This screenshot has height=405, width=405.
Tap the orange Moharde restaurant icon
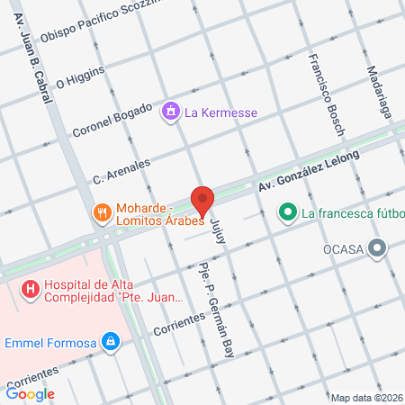[x=102, y=213]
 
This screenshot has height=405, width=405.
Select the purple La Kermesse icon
[x=169, y=112]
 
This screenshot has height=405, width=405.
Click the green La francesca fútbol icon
[x=287, y=213]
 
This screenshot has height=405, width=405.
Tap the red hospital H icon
[x=31, y=289]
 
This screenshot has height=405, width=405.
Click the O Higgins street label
[x=80, y=78]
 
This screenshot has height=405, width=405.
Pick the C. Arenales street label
[x=121, y=166]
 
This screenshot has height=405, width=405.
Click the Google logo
[x=31, y=393]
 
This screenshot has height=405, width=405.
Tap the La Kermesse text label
[x=220, y=112]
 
